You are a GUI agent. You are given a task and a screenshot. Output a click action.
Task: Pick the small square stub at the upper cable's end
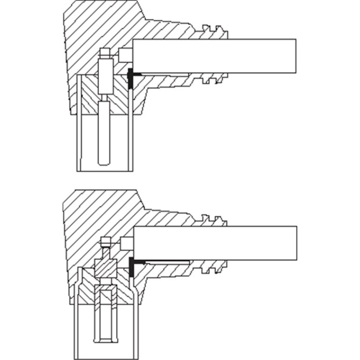[x=126, y=56]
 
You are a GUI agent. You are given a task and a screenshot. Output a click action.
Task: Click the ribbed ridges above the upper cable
[x=214, y=31]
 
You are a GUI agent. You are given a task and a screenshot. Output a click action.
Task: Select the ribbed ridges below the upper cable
[x=214, y=81]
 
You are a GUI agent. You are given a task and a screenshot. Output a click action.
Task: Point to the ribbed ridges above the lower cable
[x=214, y=220]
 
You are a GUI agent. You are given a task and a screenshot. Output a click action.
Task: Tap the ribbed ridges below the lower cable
[x=214, y=269]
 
